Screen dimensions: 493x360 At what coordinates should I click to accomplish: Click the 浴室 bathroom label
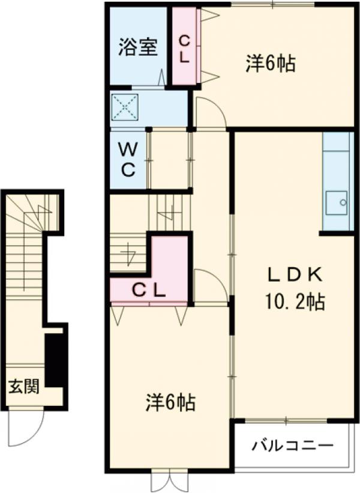[137, 47]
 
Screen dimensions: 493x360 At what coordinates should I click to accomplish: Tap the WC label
[128, 159]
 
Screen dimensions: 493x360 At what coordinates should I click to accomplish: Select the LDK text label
[295, 276]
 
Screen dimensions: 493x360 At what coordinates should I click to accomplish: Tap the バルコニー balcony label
[292, 447]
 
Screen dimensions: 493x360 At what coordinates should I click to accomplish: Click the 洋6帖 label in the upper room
[270, 64]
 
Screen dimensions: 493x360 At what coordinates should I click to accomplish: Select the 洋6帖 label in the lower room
[170, 403]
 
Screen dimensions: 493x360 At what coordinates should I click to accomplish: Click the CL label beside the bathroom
[185, 49]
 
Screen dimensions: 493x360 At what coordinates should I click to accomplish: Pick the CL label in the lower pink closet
[149, 291]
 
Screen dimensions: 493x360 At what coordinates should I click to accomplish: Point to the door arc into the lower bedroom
[211, 285]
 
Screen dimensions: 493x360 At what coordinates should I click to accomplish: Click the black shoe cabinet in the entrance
[55, 359]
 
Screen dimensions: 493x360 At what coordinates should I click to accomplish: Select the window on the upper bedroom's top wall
[273, 5]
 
